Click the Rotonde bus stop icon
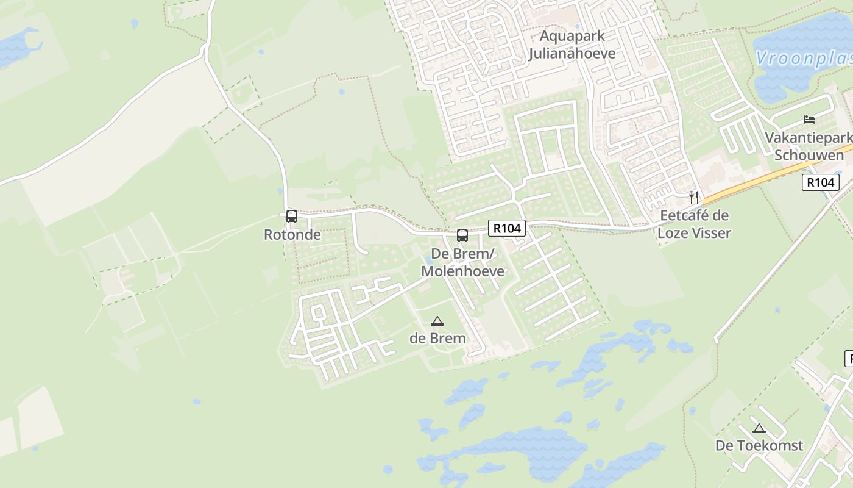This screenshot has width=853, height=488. [x=292, y=217]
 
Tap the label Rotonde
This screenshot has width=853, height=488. [x=292, y=234]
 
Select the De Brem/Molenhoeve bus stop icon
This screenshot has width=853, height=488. [x=462, y=235]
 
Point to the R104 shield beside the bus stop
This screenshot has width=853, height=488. [x=507, y=228]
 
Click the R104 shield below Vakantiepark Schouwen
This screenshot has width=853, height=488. [x=820, y=182]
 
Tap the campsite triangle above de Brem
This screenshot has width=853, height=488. [x=437, y=321]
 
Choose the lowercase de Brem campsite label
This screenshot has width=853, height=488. [x=437, y=338]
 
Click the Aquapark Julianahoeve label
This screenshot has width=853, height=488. [x=572, y=45]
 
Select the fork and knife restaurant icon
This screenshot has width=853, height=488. [x=693, y=197]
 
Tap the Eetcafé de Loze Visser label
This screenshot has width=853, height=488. [x=695, y=224]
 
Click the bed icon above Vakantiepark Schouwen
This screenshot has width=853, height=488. [x=809, y=119]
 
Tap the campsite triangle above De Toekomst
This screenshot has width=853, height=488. [x=759, y=428]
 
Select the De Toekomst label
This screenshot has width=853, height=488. [x=759, y=445]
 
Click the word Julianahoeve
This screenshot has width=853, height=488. [x=572, y=53]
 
